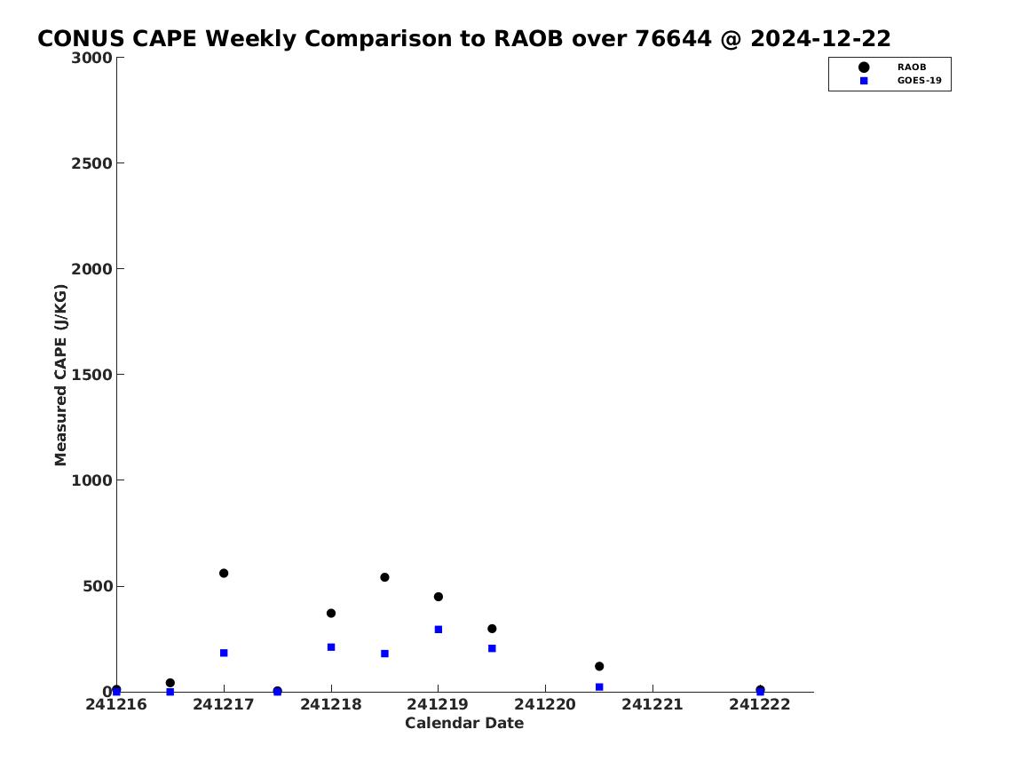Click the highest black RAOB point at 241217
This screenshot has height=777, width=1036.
pos(224,573)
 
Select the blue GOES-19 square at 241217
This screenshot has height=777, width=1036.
pos(224,653)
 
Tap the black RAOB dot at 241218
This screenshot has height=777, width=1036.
pos(331,613)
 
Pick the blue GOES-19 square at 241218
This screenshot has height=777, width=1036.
pos(331,646)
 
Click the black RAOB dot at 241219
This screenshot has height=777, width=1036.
pos(438,597)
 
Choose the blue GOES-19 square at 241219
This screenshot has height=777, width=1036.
pos(438,630)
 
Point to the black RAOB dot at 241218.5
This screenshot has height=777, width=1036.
pos(384,577)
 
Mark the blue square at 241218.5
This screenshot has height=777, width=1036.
pos(384,654)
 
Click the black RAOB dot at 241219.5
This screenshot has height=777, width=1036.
pos(492,629)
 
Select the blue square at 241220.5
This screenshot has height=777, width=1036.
pos(599,687)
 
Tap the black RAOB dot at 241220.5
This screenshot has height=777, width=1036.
pos(599,666)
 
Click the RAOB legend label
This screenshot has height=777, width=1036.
pos(912,67)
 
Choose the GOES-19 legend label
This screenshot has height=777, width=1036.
pos(919,81)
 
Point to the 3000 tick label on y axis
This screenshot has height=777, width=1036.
pos(91,58)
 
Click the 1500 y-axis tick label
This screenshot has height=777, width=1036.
pos(91,375)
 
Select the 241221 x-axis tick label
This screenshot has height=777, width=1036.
pos(652,704)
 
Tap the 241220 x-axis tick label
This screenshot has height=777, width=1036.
pos(545,704)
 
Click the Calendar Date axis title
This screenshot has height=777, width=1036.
pos(464,723)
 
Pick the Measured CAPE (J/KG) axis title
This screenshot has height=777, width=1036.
pos(60,375)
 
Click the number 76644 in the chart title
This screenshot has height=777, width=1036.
pos(673,38)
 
